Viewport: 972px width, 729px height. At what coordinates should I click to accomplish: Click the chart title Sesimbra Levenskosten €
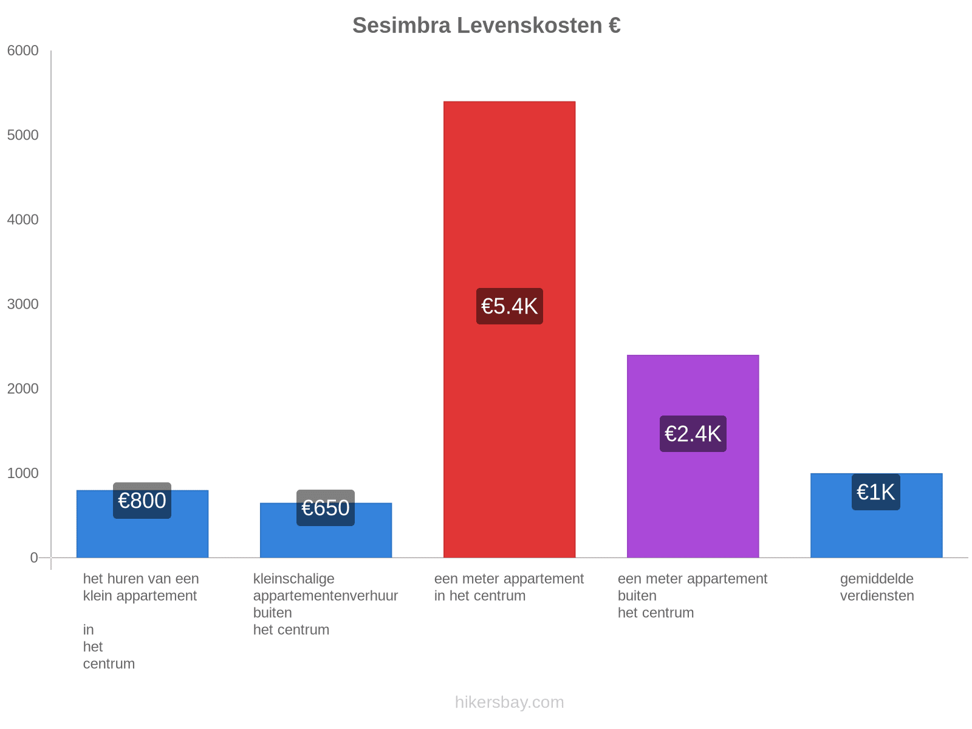pyautogui.click(x=486, y=26)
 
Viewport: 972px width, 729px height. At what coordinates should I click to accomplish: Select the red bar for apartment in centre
pyautogui.click(x=509, y=182)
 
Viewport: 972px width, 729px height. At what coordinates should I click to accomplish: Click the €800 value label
pyautogui.click(x=142, y=501)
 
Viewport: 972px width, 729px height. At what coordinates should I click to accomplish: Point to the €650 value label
pyautogui.click(x=326, y=508)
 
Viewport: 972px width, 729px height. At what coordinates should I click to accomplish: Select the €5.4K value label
pyautogui.click(x=509, y=306)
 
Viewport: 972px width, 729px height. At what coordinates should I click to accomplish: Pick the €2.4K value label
pyautogui.click(x=693, y=434)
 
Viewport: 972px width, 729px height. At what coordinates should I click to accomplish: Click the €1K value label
pyautogui.click(x=875, y=492)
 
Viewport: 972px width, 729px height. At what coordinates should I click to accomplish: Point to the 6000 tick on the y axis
pyautogui.click(x=23, y=51)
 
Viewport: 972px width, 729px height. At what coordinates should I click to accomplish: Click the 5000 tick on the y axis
pyautogui.click(x=23, y=135)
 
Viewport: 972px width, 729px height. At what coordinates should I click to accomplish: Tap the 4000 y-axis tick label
pyautogui.click(x=23, y=220)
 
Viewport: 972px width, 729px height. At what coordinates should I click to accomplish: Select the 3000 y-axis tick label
pyautogui.click(x=23, y=304)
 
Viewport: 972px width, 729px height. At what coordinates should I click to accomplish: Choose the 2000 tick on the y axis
pyautogui.click(x=23, y=389)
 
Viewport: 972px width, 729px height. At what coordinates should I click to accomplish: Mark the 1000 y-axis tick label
pyautogui.click(x=23, y=473)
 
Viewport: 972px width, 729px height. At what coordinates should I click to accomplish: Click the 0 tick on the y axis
pyautogui.click(x=34, y=558)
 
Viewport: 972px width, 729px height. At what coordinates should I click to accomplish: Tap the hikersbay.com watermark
pyautogui.click(x=509, y=702)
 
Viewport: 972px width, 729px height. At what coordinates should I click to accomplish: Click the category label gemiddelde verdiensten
pyautogui.click(x=877, y=587)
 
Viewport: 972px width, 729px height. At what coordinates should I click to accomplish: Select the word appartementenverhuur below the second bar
pyautogui.click(x=326, y=596)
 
